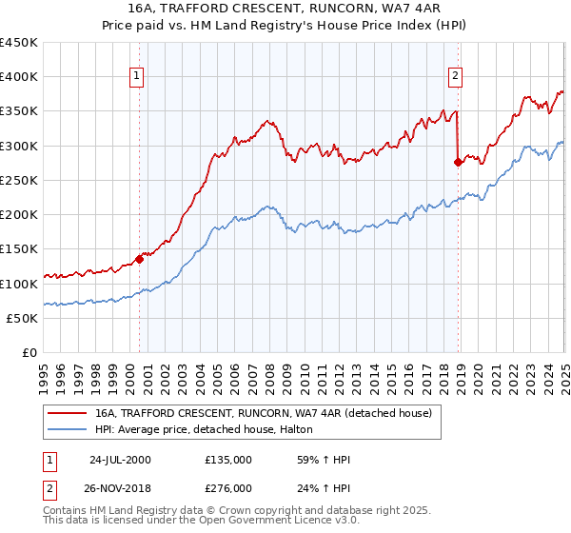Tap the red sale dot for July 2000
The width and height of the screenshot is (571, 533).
pos(139,258)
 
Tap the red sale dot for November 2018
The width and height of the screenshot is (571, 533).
pos(458,162)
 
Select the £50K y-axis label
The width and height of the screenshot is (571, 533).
pos(22,319)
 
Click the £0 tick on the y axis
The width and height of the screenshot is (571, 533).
pos(30,353)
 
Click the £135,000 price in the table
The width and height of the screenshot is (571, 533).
pos(228,460)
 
